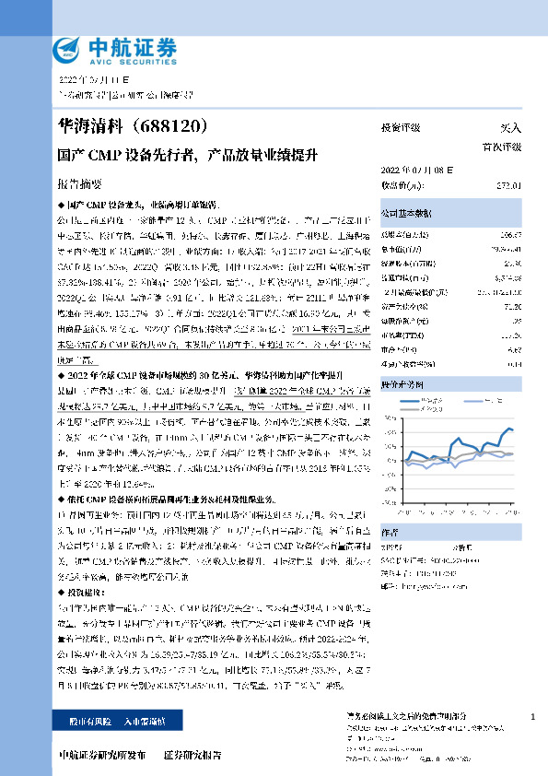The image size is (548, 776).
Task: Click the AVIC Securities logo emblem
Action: click(67, 48)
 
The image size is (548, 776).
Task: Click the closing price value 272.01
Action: click(509, 185)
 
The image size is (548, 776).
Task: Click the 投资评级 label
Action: click(401, 127)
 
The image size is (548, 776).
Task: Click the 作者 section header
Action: click(391, 530)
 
